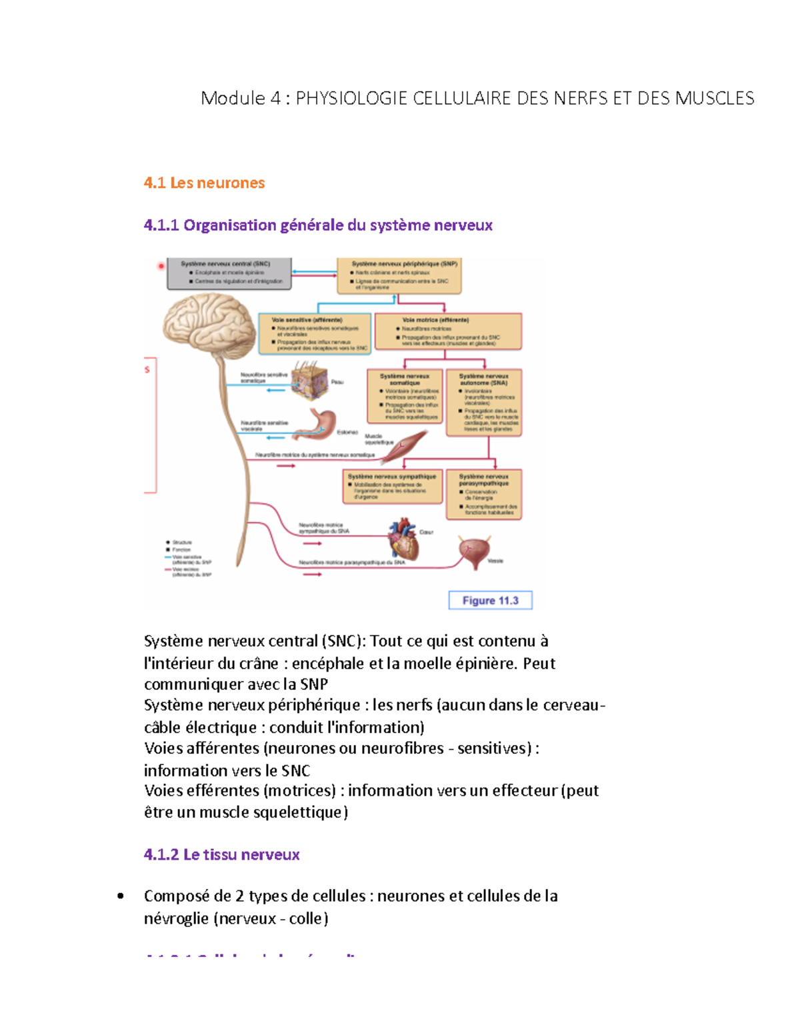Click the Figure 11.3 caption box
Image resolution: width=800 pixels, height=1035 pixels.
[x=490, y=600]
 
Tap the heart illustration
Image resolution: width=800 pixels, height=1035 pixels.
[x=405, y=539]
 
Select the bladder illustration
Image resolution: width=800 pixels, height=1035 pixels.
[x=474, y=551]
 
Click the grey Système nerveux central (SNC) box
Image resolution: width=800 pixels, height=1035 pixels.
[x=229, y=274]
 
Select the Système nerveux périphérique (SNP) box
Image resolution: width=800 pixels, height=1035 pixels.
[x=399, y=276]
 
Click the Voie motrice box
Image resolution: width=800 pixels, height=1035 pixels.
[x=448, y=331]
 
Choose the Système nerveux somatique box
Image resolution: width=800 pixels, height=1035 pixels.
[x=405, y=397]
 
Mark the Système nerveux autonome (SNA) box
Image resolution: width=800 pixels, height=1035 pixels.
[x=483, y=403]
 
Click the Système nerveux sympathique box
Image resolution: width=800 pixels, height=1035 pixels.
[x=391, y=487]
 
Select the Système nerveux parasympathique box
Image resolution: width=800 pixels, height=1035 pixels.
[x=483, y=495]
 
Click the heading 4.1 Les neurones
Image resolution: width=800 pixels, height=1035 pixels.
[x=204, y=183]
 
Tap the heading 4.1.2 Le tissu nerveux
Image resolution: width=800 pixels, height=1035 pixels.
[x=221, y=854]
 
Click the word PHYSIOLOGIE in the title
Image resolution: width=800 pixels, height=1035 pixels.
[x=351, y=99]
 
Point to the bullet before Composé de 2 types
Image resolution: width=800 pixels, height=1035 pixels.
[x=121, y=896]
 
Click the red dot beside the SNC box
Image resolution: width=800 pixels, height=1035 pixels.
[x=161, y=266]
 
